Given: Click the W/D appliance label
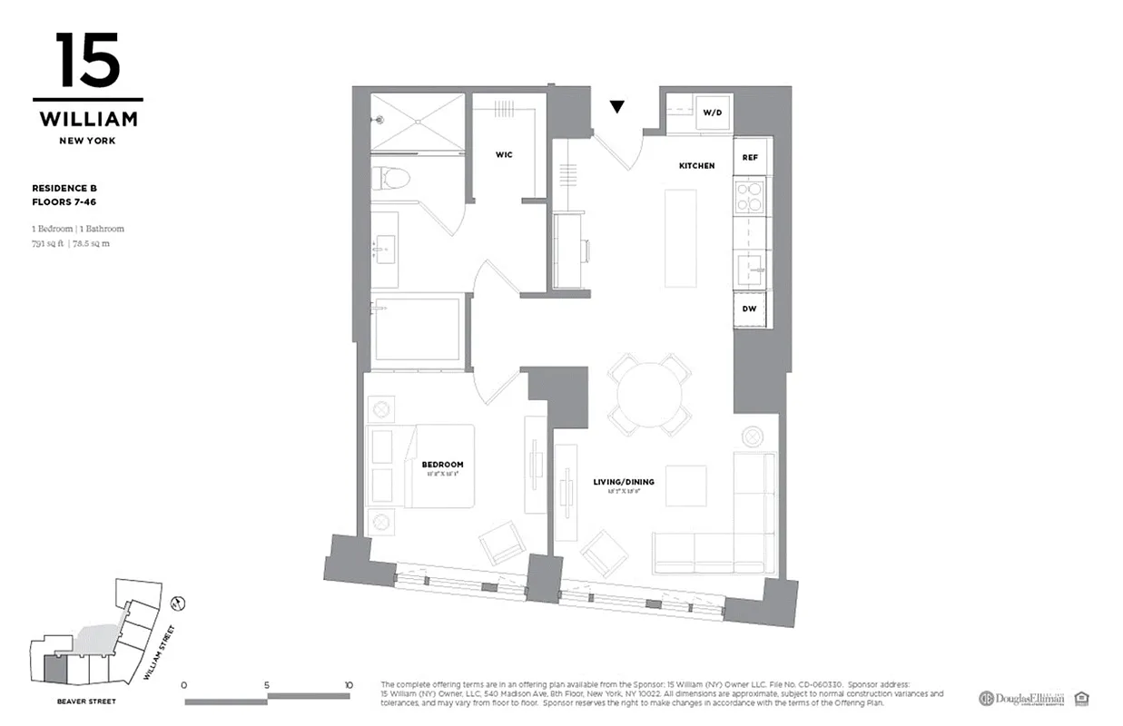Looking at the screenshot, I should pos(713,113).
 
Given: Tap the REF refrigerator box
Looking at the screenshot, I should pos(750,157).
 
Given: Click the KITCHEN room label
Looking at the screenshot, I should pos(696,166).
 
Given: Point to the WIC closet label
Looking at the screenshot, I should pos(504,155).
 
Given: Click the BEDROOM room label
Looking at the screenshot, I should pos(442,465).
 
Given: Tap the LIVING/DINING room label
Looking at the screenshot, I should pos(624,482).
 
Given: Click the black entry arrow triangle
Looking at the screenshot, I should pos(617,107).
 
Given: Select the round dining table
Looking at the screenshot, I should pos(649,395).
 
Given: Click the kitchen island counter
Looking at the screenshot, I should pos(680,238).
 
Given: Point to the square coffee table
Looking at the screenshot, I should pos(685,486).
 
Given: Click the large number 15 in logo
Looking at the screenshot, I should pos(87,61).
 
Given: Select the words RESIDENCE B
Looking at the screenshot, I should pos(64,188).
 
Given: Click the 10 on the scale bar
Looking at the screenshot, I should pos(348,685).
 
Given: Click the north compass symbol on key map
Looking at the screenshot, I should pos(179,602).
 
